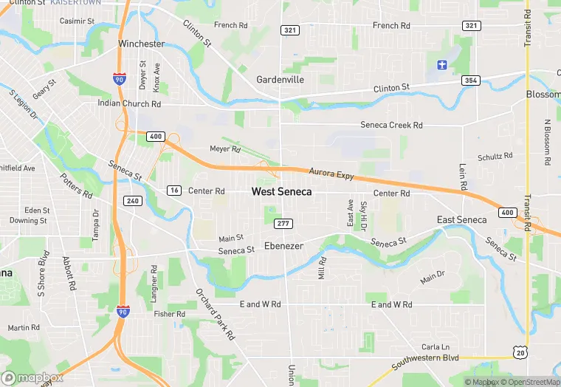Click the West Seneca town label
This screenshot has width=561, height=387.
pos(281,191)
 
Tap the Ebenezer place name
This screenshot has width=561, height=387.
pos(283,246)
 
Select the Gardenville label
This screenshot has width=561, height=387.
pos(280,79)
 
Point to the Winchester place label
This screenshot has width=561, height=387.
pos(141,44)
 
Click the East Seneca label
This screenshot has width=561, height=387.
pos(461,220)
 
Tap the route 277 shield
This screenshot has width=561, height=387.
pos(283,224)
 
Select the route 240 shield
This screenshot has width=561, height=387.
pos(133,201)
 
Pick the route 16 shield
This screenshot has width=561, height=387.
pos(173,191)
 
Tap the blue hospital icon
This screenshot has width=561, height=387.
pos(442,64)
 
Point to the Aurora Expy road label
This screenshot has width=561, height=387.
pos(331,174)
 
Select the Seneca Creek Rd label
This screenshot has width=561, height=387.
pos(391,126)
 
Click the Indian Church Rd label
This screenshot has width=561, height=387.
pos(129,103)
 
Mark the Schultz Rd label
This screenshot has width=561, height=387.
pos(495,157)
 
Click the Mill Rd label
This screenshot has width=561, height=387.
pos(322,267)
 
